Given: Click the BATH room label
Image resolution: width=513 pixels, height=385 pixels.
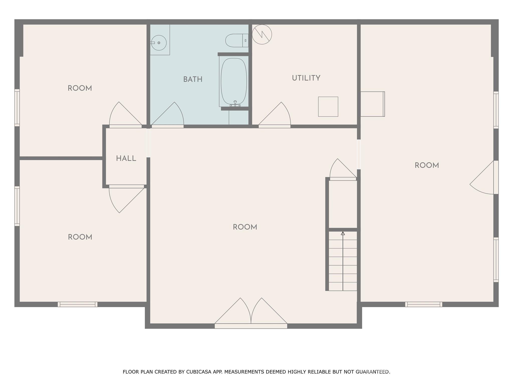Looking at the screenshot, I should point(193,79).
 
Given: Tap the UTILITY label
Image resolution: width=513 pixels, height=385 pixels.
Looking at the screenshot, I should point(306,78).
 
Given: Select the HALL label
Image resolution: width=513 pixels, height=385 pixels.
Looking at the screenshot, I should point(126,158).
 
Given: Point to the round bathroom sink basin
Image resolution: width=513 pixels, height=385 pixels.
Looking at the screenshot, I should point(159,43).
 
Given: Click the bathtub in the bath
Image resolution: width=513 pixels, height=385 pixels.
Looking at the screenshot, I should point(233,81).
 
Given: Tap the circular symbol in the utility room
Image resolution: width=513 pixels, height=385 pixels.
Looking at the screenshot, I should point(262,35).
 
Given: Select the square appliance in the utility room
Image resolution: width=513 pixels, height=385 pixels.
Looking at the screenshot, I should point(328,107).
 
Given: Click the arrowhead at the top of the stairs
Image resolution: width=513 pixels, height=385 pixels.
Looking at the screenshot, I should point(343,233).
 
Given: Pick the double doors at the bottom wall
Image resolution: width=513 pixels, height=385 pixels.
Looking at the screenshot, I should point(251,313).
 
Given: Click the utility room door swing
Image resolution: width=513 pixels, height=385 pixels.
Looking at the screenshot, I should point(276,115).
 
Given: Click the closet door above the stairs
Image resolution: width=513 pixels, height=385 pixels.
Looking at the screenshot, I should point(342,170).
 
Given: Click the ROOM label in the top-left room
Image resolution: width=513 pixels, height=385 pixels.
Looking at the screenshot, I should point(80,88).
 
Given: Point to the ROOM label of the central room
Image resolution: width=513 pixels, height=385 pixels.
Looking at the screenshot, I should point(245,227).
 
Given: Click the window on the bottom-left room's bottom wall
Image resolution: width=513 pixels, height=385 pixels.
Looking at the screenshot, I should point(77,304).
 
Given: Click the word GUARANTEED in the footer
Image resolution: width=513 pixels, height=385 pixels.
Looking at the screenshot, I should point(372,372).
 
